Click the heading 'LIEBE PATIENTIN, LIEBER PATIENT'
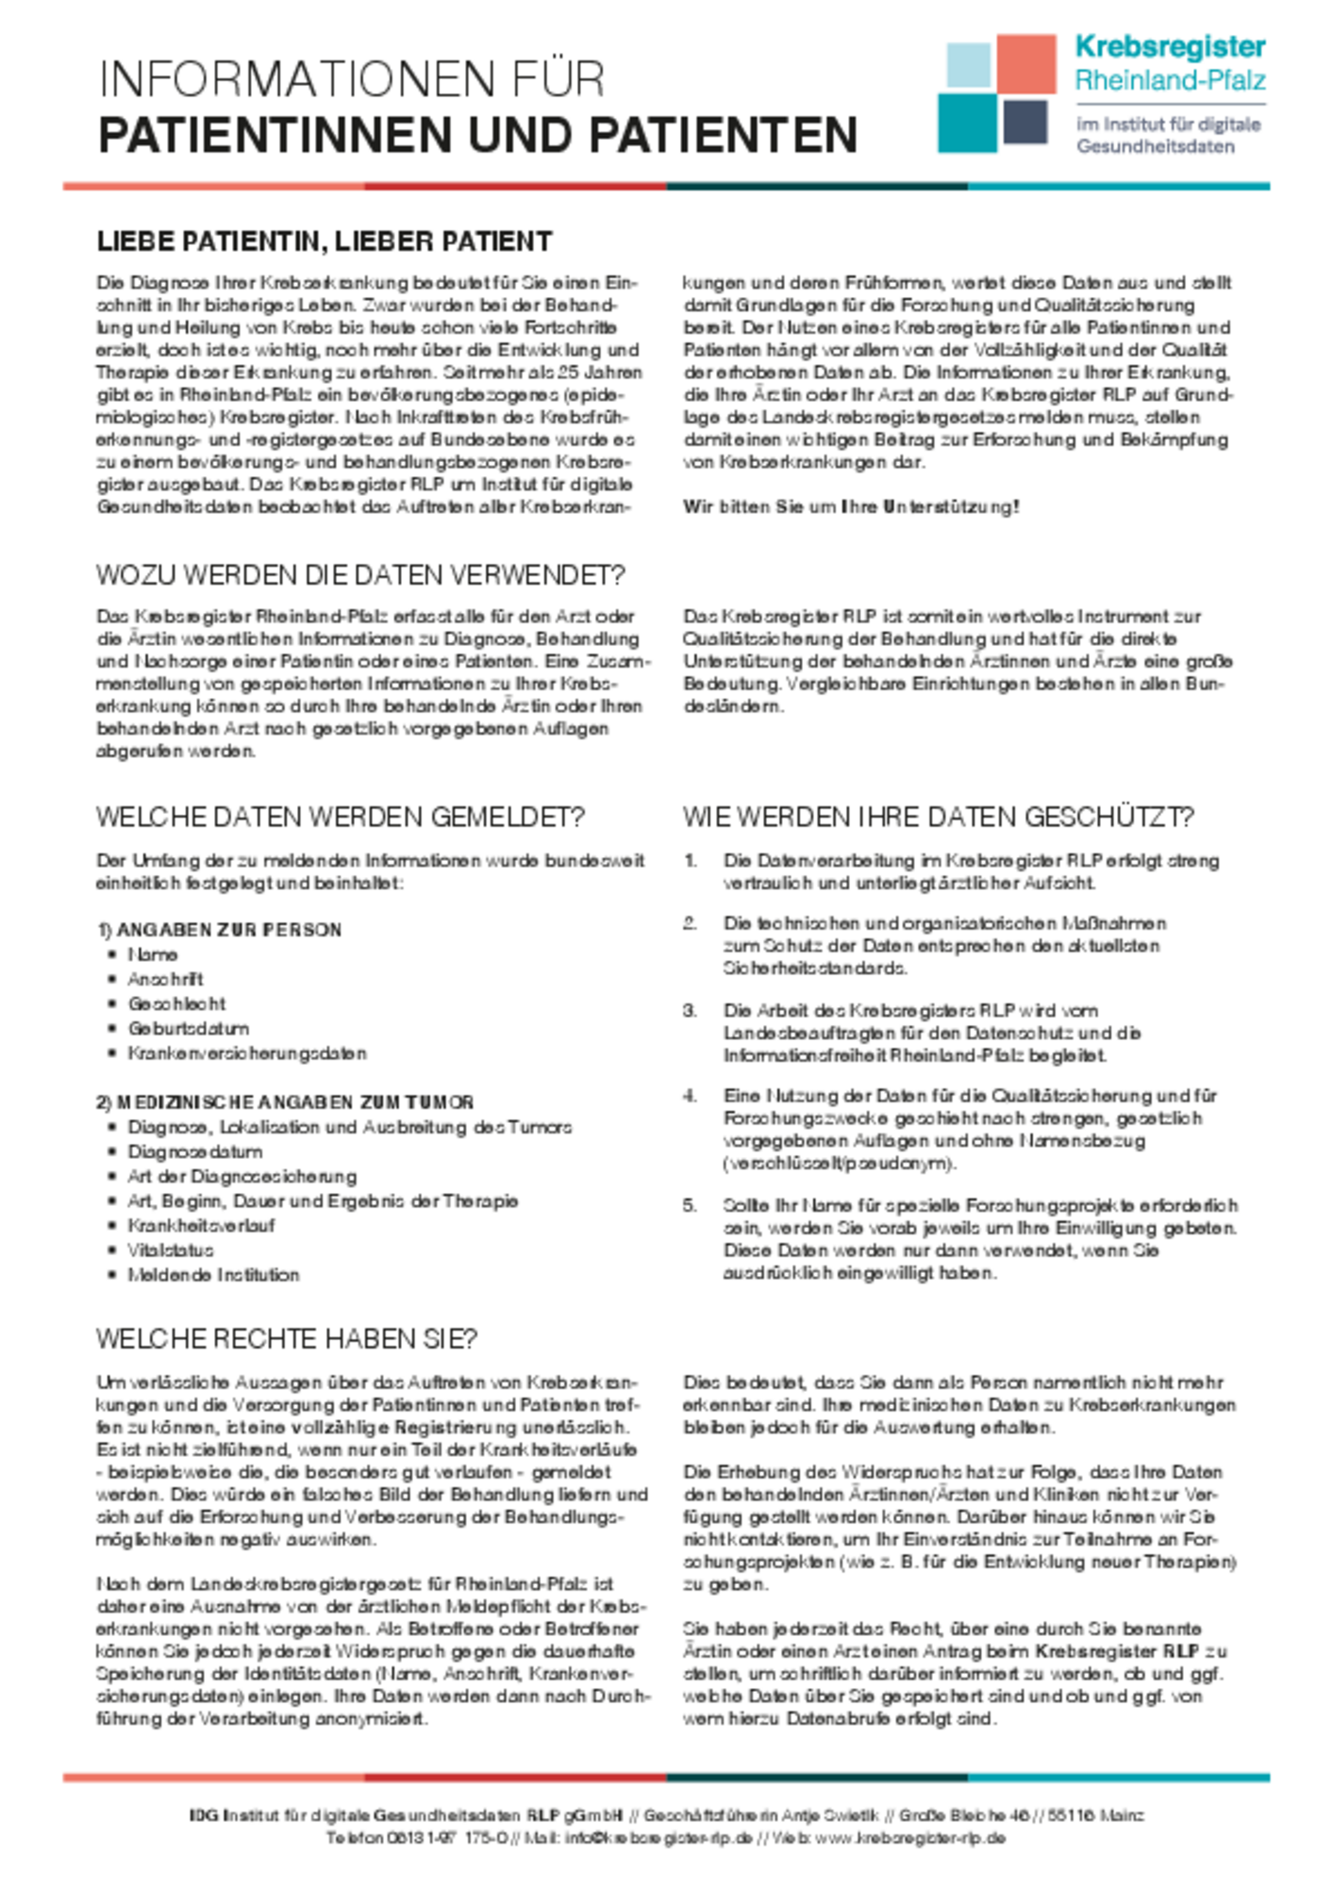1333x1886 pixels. (324, 241)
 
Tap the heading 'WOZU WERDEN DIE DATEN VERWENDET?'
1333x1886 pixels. (360, 575)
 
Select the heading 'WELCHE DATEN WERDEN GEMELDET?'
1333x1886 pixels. (340, 817)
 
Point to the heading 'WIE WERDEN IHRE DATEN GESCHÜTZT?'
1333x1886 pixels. (938, 817)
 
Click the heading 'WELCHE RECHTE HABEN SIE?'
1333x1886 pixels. (287, 1339)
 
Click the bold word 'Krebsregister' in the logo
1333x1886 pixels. (1170, 47)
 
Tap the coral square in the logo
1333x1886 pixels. (1026, 63)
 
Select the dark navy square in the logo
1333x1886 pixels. (1025, 123)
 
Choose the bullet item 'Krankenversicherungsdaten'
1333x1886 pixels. (247, 1053)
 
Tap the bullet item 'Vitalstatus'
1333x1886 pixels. (171, 1250)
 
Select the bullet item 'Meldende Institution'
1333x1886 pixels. (213, 1275)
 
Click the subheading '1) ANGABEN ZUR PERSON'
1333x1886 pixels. (219, 930)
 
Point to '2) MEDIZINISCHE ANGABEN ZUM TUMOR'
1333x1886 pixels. (285, 1102)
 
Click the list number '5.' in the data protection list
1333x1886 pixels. (690, 1205)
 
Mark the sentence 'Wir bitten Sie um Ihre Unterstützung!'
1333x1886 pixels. (851, 507)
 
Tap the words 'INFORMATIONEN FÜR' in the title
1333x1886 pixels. (351, 79)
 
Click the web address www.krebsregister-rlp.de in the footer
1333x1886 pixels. (909, 1838)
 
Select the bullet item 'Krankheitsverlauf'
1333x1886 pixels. (201, 1226)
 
